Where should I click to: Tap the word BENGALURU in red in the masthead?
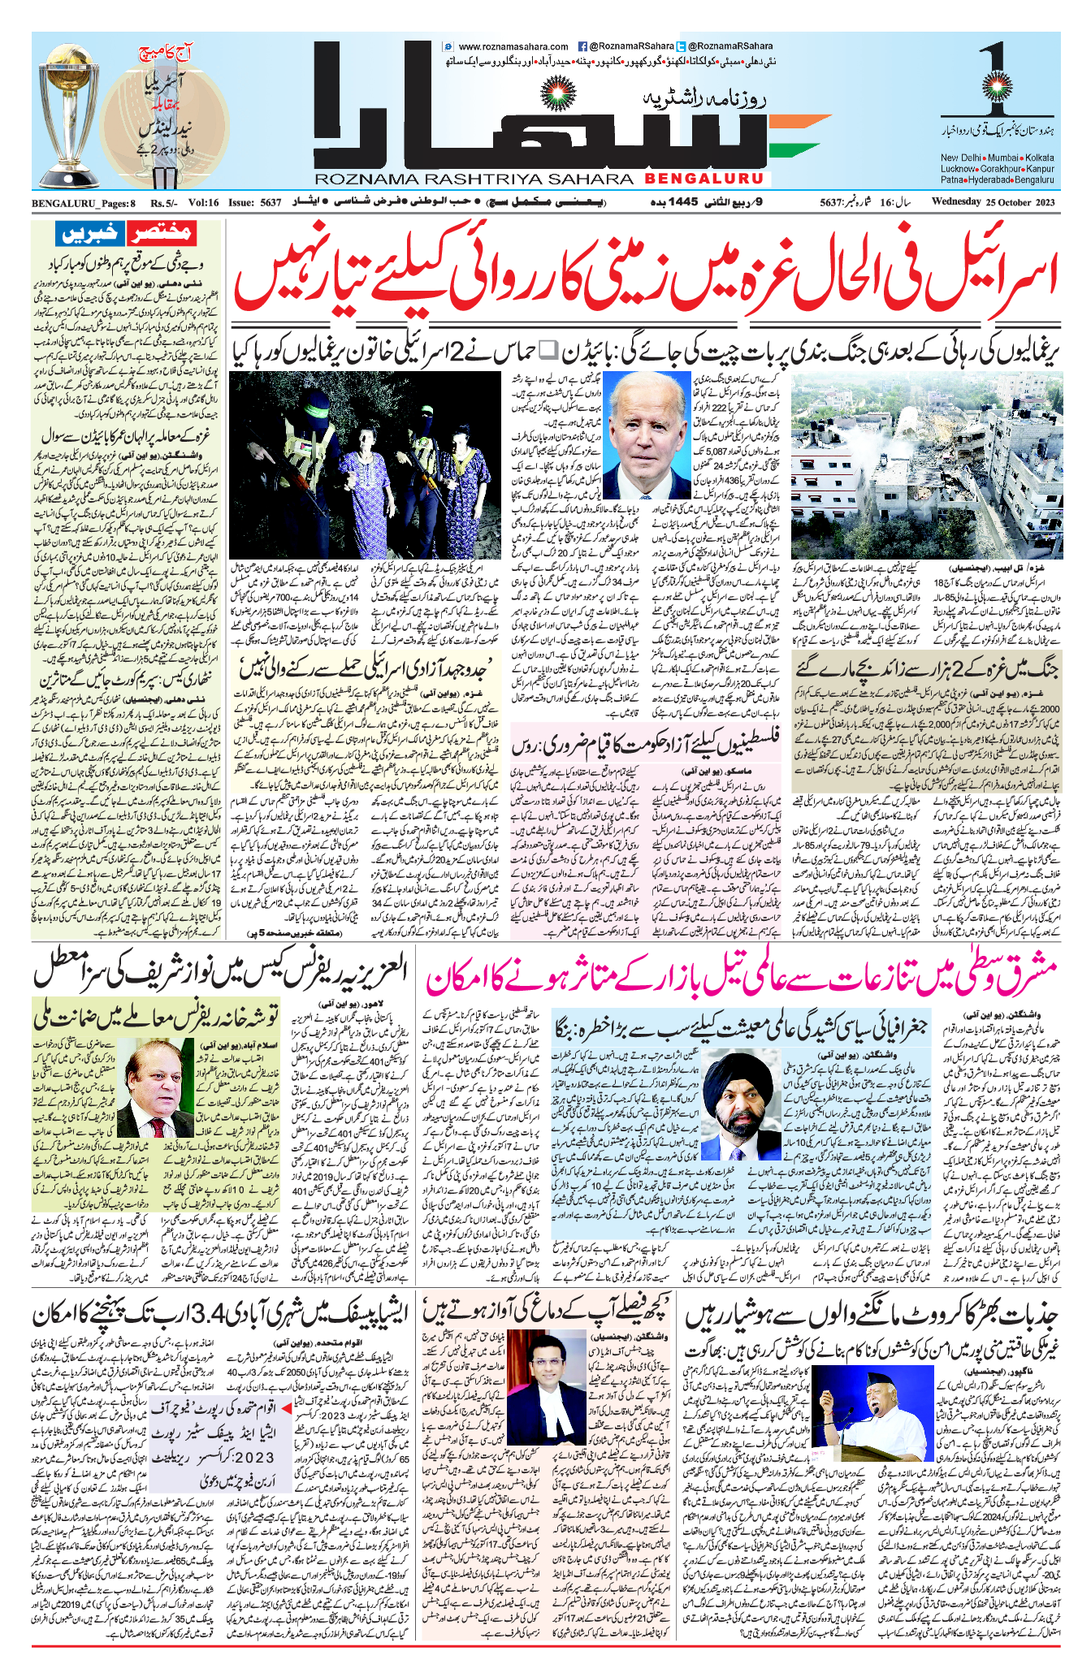(x=705, y=178)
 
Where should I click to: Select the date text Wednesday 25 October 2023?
(x=993, y=202)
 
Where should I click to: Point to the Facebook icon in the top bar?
(x=582, y=47)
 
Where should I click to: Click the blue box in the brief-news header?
(x=89, y=234)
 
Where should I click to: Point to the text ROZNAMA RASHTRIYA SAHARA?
(x=474, y=179)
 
